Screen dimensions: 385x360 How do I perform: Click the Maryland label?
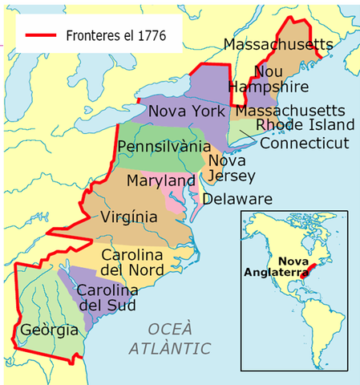(x=160, y=181)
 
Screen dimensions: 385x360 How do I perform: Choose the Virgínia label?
(x=129, y=217)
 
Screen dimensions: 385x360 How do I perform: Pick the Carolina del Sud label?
(x=107, y=298)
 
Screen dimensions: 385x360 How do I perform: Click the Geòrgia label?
(x=49, y=330)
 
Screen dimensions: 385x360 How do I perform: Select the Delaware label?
(x=237, y=199)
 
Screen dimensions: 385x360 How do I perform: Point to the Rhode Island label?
(x=305, y=125)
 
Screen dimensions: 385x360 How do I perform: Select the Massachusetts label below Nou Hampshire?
(x=291, y=109)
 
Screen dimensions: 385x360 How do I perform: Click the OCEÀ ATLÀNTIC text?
(x=169, y=338)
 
